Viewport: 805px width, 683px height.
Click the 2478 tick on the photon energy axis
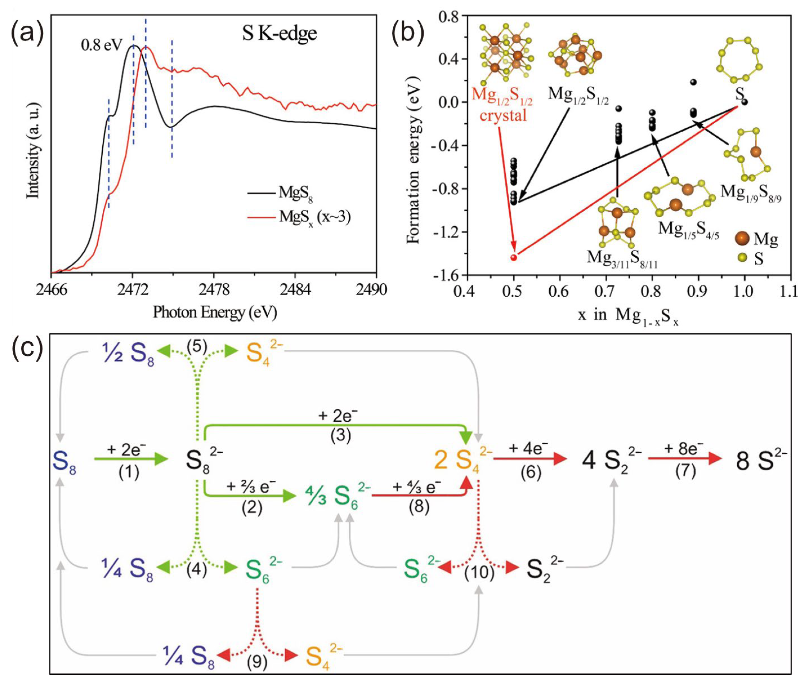coord(214,290)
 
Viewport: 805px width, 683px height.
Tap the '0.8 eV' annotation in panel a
coord(101,45)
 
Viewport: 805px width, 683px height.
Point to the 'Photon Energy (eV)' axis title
coord(215,312)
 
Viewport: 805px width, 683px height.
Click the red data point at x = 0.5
coord(514,257)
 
